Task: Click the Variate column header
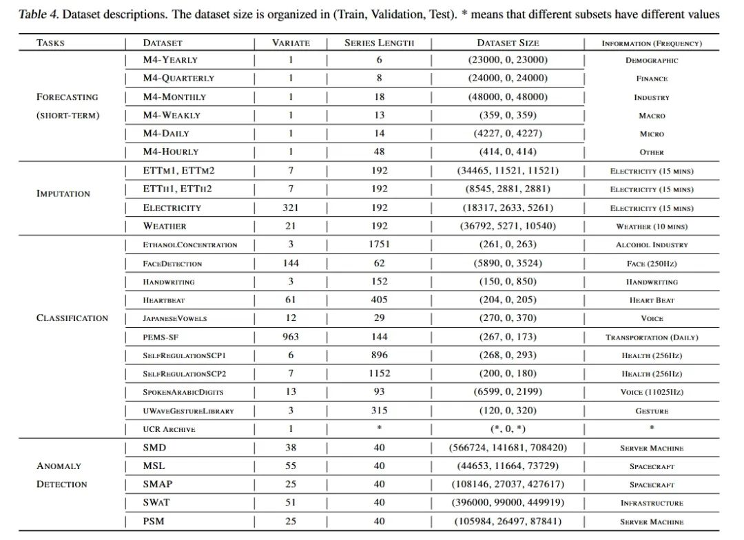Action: (x=291, y=43)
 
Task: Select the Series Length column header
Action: (x=379, y=43)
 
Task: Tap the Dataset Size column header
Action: (x=508, y=43)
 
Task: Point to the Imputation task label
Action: (x=63, y=194)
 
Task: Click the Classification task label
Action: (x=72, y=318)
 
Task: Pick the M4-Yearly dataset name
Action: (x=170, y=60)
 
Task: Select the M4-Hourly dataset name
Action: (x=170, y=152)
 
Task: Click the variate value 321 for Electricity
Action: (x=291, y=207)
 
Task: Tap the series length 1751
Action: (x=379, y=245)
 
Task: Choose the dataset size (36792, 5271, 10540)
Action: (x=508, y=226)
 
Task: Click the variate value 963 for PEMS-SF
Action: (x=291, y=337)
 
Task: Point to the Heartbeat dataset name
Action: (x=164, y=300)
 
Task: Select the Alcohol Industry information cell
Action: (x=652, y=245)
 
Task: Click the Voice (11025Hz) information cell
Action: (x=652, y=392)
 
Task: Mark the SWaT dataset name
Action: (x=157, y=503)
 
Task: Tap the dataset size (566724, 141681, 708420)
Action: (x=508, y=448)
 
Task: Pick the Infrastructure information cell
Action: (x=652, y=503)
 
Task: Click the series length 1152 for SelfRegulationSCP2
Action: (x=379, y=373)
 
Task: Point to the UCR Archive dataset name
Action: (x=169, y=429)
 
